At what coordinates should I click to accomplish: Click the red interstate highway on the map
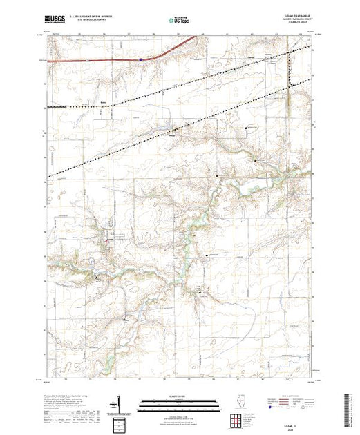tap(104, 60)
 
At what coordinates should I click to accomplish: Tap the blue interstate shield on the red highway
tap(140, 59)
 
